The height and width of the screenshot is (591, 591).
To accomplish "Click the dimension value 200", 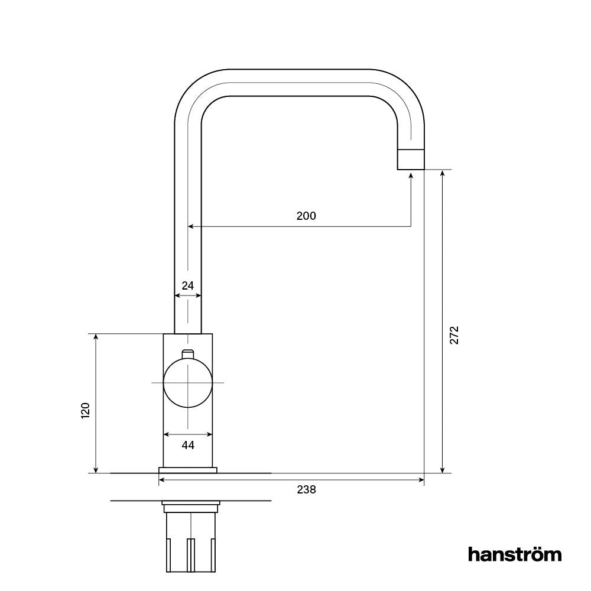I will [x=306, y=216].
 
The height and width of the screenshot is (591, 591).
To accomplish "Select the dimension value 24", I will [x=187, y=285].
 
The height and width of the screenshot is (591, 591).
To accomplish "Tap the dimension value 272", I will [x=454, y=335].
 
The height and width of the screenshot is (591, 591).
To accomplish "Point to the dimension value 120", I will [x=85, y=410].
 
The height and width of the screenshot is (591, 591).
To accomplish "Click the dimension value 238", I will [x=307, y=490].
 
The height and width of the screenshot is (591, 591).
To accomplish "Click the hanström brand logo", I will [x=514, y=554].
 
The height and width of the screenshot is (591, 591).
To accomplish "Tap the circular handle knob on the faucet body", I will [x=187, y=383].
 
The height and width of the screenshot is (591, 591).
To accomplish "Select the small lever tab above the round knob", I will [x=187, y=353].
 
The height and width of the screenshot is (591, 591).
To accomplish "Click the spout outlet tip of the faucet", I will [x=410, y=160].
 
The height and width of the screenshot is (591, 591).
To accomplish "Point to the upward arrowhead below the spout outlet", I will [x=411, y=175].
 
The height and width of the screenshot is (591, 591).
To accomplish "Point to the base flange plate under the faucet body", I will [x=187, y=470].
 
